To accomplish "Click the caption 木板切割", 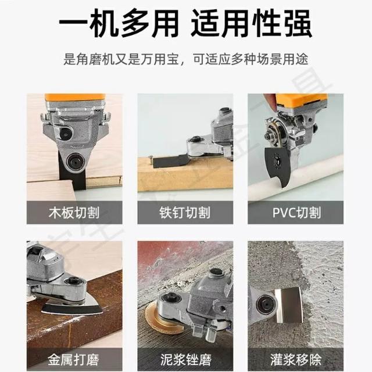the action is [74, 212].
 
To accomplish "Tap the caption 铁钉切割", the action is [185, 212].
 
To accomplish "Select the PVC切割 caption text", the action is [296, 212].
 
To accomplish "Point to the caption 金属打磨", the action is [73, 359].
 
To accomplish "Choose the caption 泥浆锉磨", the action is [186, 359].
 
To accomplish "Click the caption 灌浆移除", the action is [296, 359].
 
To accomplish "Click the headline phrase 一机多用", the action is [119, 23].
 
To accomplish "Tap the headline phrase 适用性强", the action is [252, 23].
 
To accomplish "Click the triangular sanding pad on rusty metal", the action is [73, 307].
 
